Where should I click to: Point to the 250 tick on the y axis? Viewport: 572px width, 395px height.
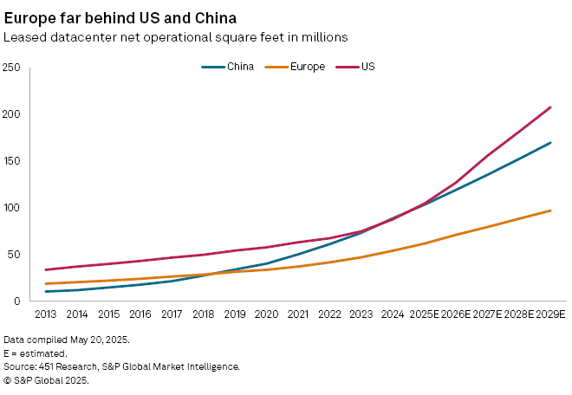pyautogui.click(x=11, y=68)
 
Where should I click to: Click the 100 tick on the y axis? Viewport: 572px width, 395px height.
pyautogui.click(x=11, y=208)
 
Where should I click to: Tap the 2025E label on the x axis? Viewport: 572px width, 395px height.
pyautogui.click(x=424, y=313)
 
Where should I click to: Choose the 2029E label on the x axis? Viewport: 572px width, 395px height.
pyautogui.click(x=550, y=313)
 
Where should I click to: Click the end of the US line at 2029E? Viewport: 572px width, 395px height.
pyautogui.click(x=550, y=107)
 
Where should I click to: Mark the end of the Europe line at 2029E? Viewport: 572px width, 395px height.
pyautogui.click(x=550, y=210)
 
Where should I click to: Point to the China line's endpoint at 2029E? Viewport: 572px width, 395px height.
pyautogui.click(x=550, y=143)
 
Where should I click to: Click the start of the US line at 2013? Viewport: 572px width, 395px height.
pyautogui.click(x=45, y=269)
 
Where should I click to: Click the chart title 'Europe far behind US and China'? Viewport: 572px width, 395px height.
pyautogui.click(x=119, y=17)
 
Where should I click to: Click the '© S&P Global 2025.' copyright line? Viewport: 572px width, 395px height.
pyautogui.click(x=49, y=380)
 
